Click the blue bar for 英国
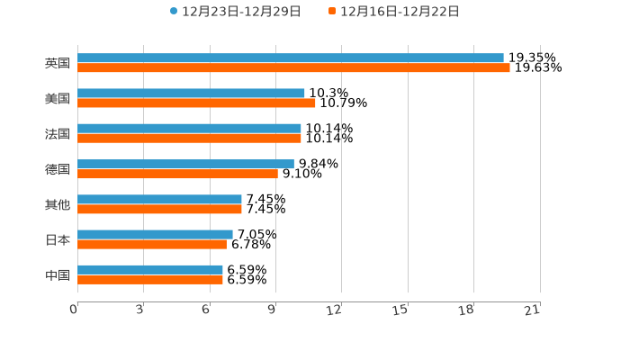coord(290,58)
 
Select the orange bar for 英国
coord(293,67)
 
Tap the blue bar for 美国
coord(191,93)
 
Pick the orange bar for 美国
coord(196,103)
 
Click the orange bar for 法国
coord(189,138)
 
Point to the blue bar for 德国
coord(185,164)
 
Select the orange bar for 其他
coord(159,209)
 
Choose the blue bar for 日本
coord(155,234)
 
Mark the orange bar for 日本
coord(152,244)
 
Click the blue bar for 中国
coord(150,269)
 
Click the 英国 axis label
coord(58,63)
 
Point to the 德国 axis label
coord(58,169)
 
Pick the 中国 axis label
coord(58,274)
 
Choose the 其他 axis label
coord(58,204)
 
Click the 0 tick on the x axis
coord(74,310)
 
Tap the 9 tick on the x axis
coord(272,310)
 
